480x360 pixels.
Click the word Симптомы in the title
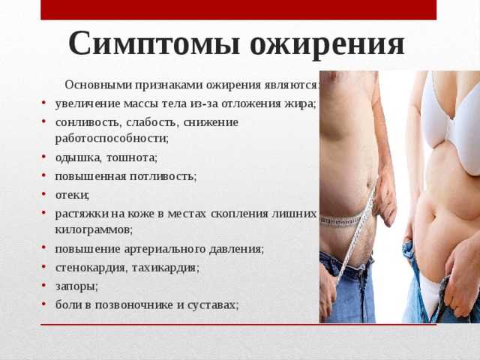click(x=154, y=43)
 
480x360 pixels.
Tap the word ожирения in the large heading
click(x=327, y=45)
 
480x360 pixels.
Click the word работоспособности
click(x=112, y=138)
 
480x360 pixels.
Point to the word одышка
click(x=78, y=158)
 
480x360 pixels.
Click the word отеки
click(x=72, y=195)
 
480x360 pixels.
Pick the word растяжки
click(x=82, y=214)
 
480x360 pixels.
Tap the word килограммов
click(x=94, y=230)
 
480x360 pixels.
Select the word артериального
click(x=165, y=249)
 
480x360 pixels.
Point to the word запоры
click(x=76, y=286)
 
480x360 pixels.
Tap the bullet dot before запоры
click(x=43, y=286)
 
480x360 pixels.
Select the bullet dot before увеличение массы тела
click(x=43, y=102)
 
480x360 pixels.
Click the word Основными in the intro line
click(x=98, y=85)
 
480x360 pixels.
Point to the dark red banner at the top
click(x=238, y=10)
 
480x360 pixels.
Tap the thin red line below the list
click(x=238, y=325)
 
